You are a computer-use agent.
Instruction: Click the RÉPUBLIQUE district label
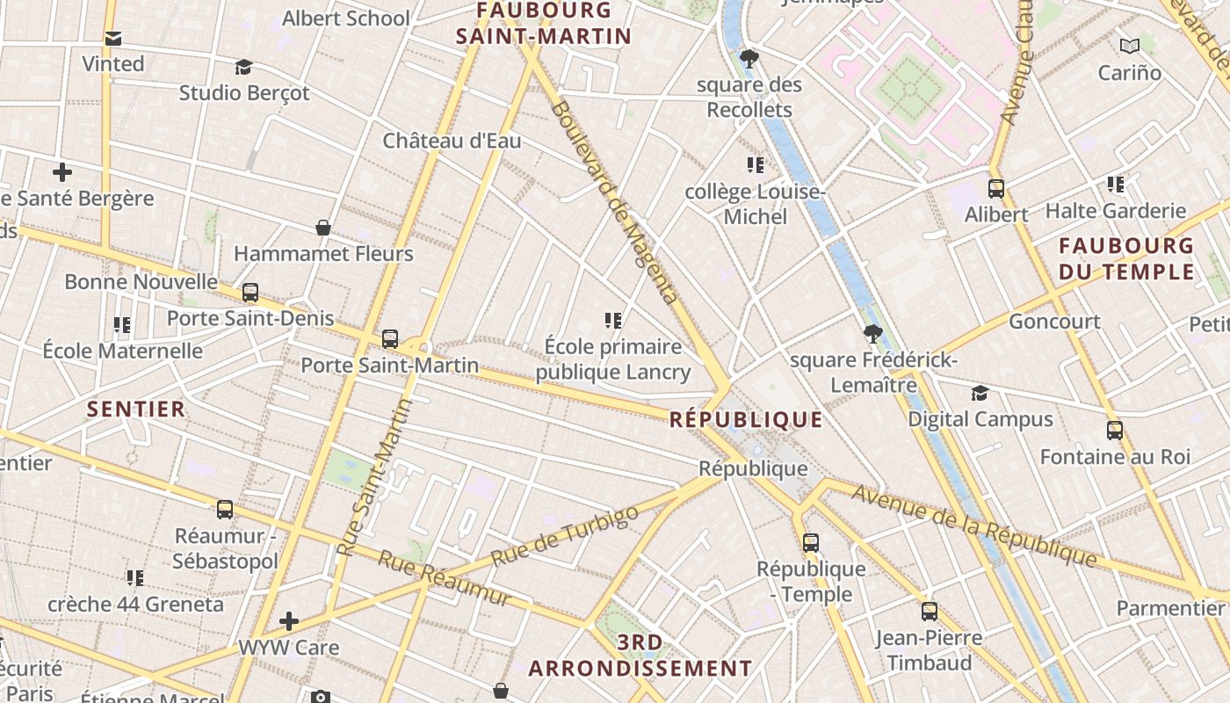tap(746, 419)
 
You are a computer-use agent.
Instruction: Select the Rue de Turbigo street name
tap(564, 536)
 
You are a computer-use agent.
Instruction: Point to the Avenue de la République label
tap(974, 525)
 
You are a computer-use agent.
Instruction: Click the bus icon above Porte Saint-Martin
tap(390, 338)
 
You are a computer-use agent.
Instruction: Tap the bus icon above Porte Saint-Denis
tap(250, 292)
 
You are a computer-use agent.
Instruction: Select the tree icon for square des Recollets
tap(749, 59)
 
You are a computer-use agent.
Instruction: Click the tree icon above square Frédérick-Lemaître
tap(872, 333)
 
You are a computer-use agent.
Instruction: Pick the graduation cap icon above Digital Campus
tap(980, 393)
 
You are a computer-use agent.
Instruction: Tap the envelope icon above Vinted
tap(113, 39)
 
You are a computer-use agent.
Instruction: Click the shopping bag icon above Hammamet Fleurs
tap(323, 228)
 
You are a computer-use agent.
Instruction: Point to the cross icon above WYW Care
tap(288, 621)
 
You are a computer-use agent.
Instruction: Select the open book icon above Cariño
tap(1130, 46)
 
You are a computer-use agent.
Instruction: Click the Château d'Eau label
tap(452, 141)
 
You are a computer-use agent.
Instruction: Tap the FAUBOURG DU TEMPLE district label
tap(1126, 258)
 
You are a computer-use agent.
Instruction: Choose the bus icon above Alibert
tap(996, 188)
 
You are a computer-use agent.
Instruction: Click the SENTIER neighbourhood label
tap(136, 409)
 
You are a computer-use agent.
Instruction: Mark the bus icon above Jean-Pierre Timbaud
tap(930, 611)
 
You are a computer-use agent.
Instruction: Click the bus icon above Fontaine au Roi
tap(1115, 431)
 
